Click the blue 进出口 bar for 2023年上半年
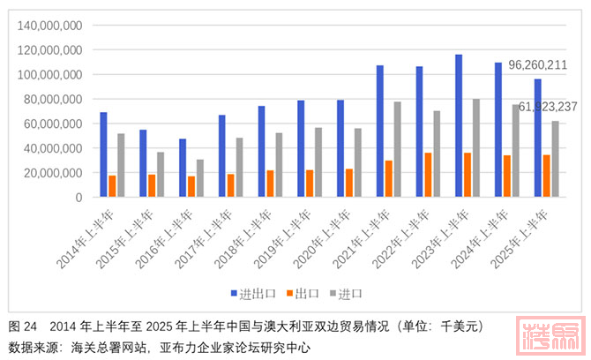click(x=459, y=126)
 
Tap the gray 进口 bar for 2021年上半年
click(x=397, y=149)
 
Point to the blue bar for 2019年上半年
click(x=301, y=148)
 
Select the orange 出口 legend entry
click(x=305, y=293)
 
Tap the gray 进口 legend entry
click(x=350, y=293)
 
